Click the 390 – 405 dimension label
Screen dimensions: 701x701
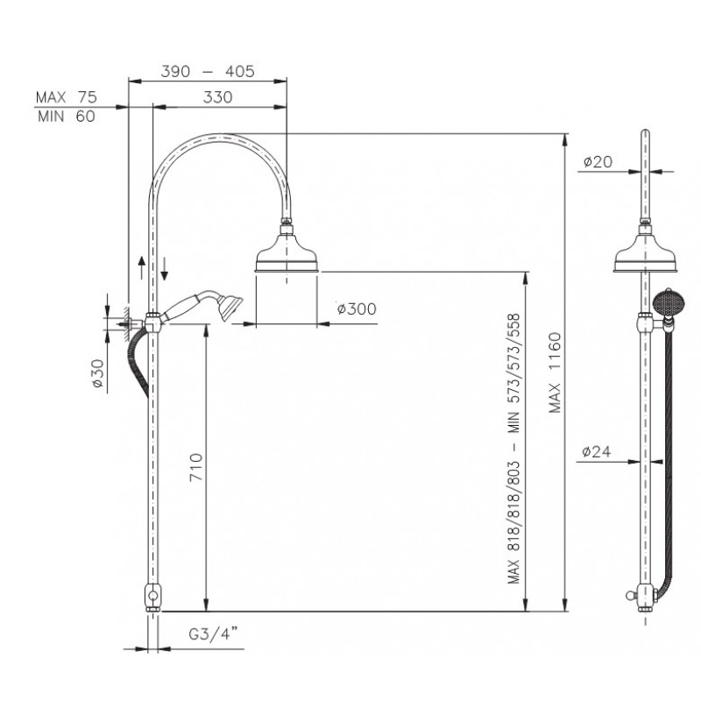tap(208, 71)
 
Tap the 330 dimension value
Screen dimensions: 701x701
tap(217, 97)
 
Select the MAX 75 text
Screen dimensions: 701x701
tap(67, 97)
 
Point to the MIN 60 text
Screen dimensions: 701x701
tap(67, 117)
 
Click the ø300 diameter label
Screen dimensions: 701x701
tap(357, 308)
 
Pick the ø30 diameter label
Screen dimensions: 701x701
tap(97, 373)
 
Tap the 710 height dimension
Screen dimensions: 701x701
tap(196, 467)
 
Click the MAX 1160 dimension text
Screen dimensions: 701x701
tap(555, 372)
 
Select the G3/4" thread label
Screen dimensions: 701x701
tap(213, 633)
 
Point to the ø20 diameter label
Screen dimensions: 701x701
tap(598, 161)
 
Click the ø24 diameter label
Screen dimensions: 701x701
tap(597, 451)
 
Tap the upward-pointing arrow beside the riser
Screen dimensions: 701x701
tap(142, 267)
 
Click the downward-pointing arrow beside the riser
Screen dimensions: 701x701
tap(165, 268)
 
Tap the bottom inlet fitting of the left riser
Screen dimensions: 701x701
tap(152, 598)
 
